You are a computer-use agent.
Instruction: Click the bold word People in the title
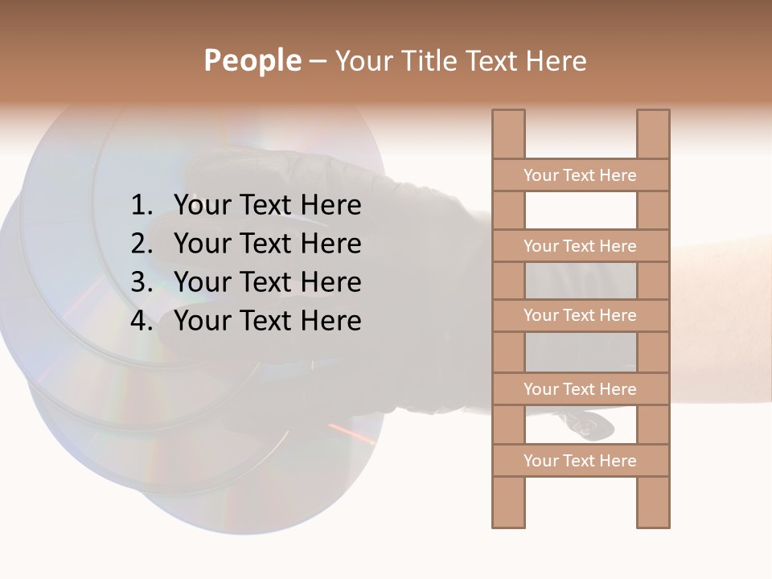click(x=253, y=60)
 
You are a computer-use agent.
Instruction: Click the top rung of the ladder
click(x=580, y=175)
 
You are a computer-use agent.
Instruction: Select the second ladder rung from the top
click(x=580, y=246)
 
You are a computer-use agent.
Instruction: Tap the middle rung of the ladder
click(x=580, y=315)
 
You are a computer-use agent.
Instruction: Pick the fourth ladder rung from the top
click(x=580, y=389)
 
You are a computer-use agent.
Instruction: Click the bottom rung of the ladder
click(x=580, y=461)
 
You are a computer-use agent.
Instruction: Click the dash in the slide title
click(x=318, y=61)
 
